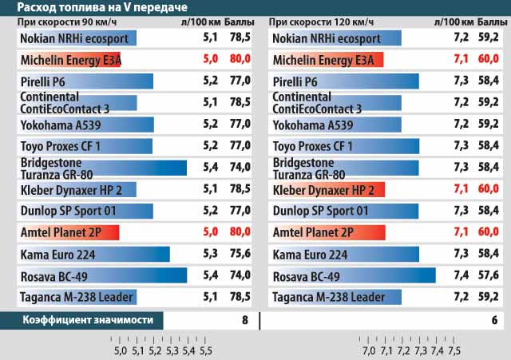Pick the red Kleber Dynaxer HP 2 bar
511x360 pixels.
[327, 189]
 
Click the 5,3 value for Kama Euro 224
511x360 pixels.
[212, 255]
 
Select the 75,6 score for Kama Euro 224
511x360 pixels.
[237, 255]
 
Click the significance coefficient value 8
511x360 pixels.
[245, 320]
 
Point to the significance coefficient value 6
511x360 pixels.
[495, 320]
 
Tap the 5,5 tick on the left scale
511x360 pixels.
[206, 350]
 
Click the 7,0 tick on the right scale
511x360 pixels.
[368, 350]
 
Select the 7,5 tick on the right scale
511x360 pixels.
[454, 350]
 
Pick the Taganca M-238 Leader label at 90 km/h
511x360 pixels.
[75, 297]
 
